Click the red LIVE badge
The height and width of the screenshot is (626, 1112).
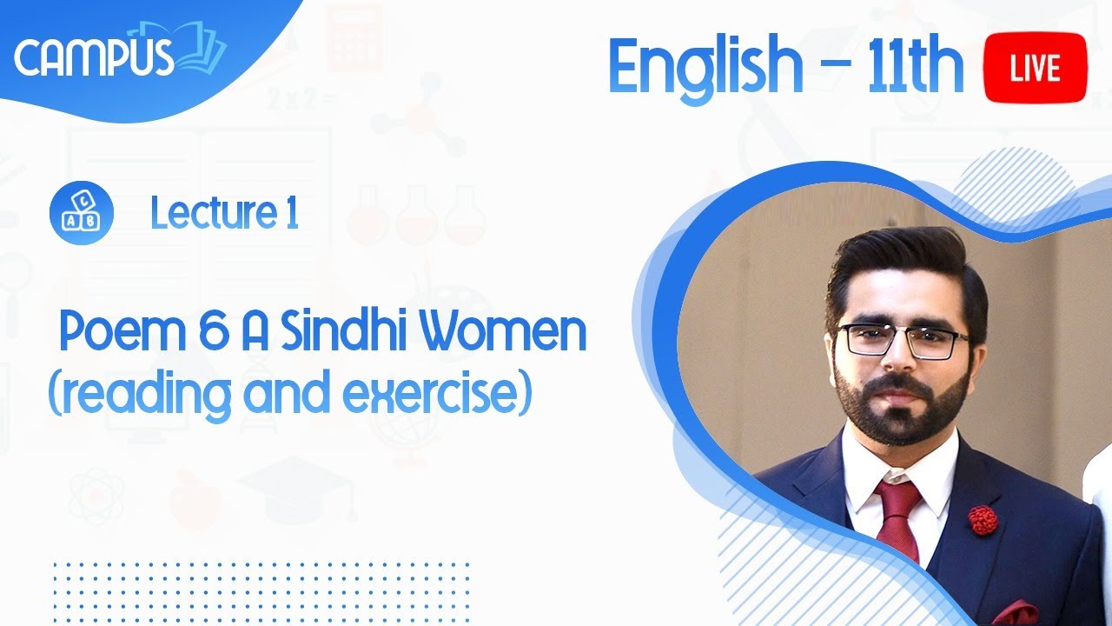(x=1035, y=67)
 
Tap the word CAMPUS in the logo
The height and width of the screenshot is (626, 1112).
(x=94, y=57)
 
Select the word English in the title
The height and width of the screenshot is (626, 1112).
(x=705, y=67)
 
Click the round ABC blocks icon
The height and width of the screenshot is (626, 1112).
(x=82, y=213)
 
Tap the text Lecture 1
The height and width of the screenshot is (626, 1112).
(x=224, y=213)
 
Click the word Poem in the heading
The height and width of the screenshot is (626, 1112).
(x=110, y=335)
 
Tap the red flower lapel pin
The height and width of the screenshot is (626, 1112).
(x=983, y=519)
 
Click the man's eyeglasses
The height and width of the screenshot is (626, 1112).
(x=903, y=340)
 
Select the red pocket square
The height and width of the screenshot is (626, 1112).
(x=1016, y=614)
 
